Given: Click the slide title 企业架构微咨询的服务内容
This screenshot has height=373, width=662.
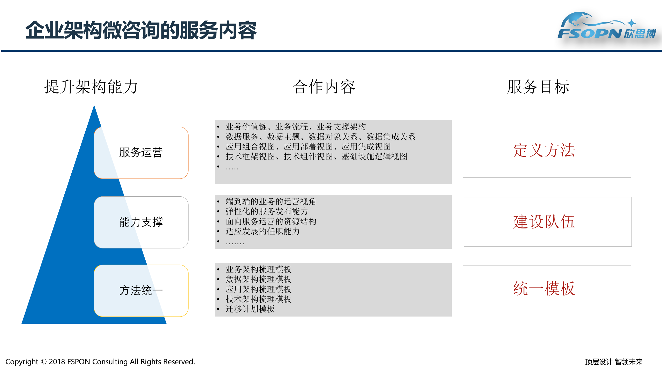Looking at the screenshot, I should [141, 31].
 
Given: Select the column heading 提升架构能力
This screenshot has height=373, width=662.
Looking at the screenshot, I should [91, 87].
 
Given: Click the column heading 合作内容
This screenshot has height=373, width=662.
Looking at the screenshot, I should [324, 87].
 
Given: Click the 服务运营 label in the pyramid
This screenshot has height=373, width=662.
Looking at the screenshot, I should [141, 152].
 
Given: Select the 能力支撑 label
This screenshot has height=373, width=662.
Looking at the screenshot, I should [141, 222].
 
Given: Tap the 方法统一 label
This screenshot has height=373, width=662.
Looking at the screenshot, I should [141, 290].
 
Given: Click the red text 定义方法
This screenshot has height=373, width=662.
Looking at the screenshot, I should [544, 150].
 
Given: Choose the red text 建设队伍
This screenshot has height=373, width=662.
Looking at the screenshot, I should [544, 222].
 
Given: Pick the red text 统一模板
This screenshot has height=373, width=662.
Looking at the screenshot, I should [544, 289].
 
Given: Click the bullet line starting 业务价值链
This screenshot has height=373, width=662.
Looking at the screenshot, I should [296, 127].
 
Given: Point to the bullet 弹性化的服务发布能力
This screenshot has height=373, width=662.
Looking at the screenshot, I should [267, 211].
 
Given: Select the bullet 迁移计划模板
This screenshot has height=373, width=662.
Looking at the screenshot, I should [250, 309].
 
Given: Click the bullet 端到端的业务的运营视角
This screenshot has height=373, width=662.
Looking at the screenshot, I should [270, 202].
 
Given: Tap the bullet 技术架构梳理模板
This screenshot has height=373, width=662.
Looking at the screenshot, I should [258, 299].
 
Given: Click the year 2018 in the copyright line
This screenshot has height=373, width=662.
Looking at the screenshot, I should [57, 362].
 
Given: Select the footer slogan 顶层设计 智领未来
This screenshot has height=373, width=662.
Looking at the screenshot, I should [614, 362].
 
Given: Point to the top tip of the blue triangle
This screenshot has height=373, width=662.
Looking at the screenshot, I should [94, 106].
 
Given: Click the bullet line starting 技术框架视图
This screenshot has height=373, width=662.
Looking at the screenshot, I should [316, 156].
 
